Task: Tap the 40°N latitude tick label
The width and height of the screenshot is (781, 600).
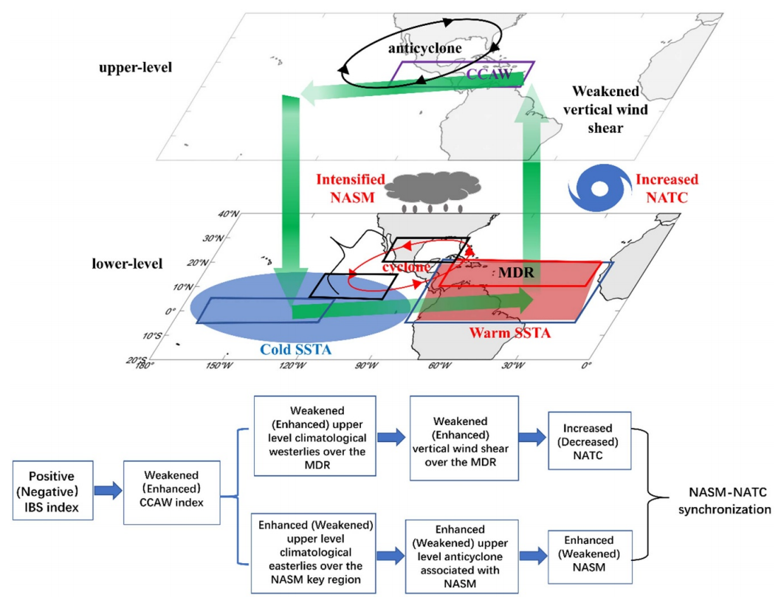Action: (230, 215)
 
